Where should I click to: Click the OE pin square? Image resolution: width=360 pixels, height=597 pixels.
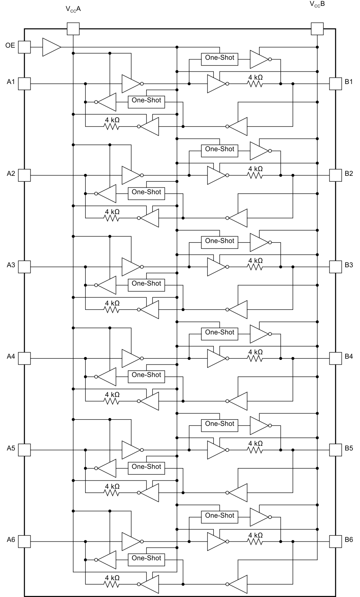(24, 47)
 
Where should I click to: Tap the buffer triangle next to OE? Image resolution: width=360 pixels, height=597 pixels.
(51, 47)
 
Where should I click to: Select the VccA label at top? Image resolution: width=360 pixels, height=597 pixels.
(73, 9)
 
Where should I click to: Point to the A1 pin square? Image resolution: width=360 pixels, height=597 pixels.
(24, 84)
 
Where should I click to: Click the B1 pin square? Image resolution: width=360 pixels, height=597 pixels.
(335, 84)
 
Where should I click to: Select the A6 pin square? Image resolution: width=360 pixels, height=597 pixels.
(24, 542)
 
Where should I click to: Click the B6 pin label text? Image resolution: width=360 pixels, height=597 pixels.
(349, 540)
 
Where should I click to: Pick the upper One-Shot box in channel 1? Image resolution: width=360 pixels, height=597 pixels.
(219, 59)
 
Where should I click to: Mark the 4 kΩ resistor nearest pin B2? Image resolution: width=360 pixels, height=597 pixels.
(255, 175)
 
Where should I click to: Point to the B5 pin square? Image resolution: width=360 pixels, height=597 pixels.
(335, 450)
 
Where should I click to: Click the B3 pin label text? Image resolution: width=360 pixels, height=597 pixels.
(349, 265)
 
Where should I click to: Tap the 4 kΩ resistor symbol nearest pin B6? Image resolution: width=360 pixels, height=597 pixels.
(255, 542)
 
